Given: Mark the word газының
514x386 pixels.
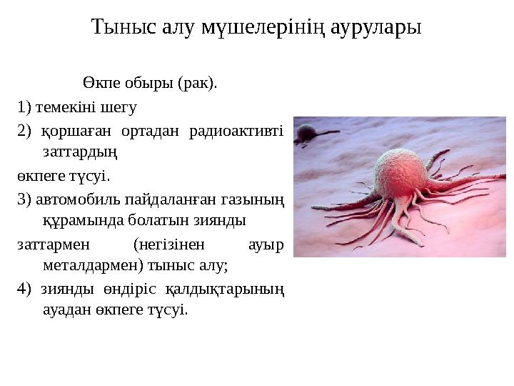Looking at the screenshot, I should [x=253, y=198].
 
